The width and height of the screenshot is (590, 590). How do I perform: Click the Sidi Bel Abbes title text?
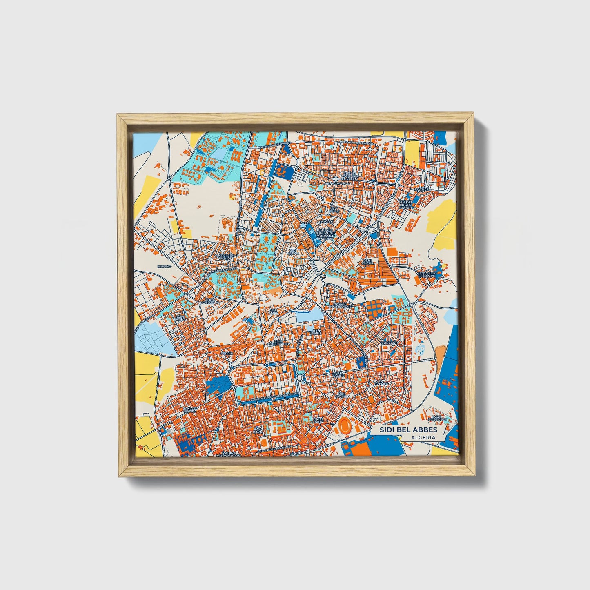(x=408, y=430)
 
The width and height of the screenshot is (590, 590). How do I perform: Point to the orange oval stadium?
(x=347, y=427)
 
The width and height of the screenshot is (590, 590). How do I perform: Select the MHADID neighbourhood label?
(x=165, y=266)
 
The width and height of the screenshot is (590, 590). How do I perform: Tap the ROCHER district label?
(x=422, y=189)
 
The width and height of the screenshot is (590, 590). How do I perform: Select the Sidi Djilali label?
(x=293, y=252)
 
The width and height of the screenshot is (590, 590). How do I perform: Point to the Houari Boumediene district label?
(x=340, y=306)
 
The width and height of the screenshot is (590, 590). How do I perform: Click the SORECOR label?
(x=389, y=343)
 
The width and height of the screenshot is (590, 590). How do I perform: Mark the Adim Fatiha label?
(x=180, y=318)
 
